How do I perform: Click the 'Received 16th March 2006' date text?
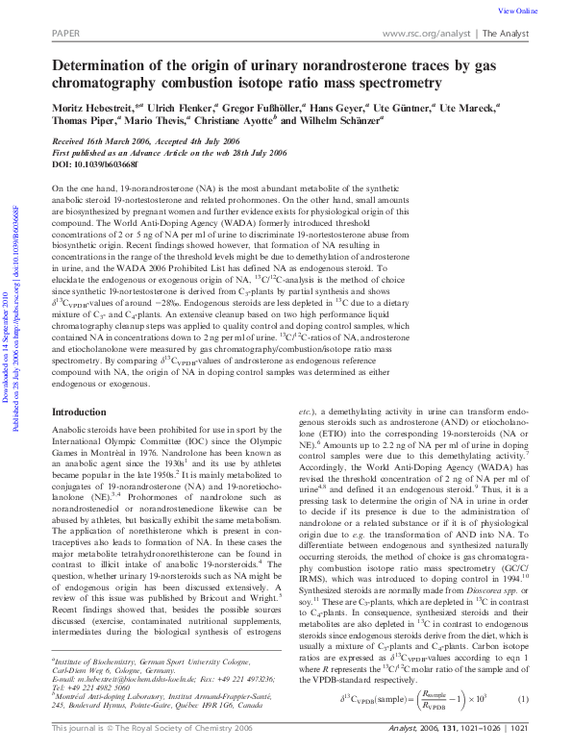pos(96,140)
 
